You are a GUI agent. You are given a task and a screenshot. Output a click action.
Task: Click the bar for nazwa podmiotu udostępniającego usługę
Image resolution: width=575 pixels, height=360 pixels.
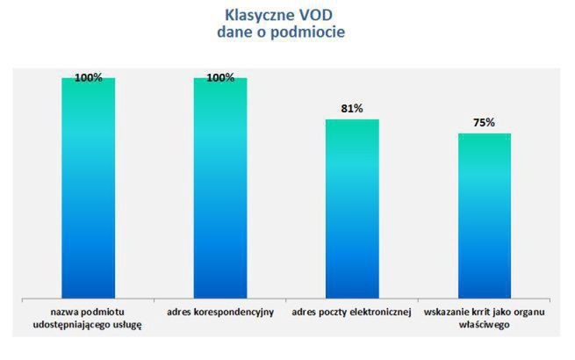coord(88,189)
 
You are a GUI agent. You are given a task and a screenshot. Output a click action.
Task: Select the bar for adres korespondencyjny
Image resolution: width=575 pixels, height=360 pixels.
coord(220,189)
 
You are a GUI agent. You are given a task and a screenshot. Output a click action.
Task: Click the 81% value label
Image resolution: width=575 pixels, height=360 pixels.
coord(352,110)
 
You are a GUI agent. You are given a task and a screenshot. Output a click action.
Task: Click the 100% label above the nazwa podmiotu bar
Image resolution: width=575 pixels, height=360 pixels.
coord(89,77)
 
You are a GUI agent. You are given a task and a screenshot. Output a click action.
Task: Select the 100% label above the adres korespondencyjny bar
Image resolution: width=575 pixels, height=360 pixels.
coord(220,77)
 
